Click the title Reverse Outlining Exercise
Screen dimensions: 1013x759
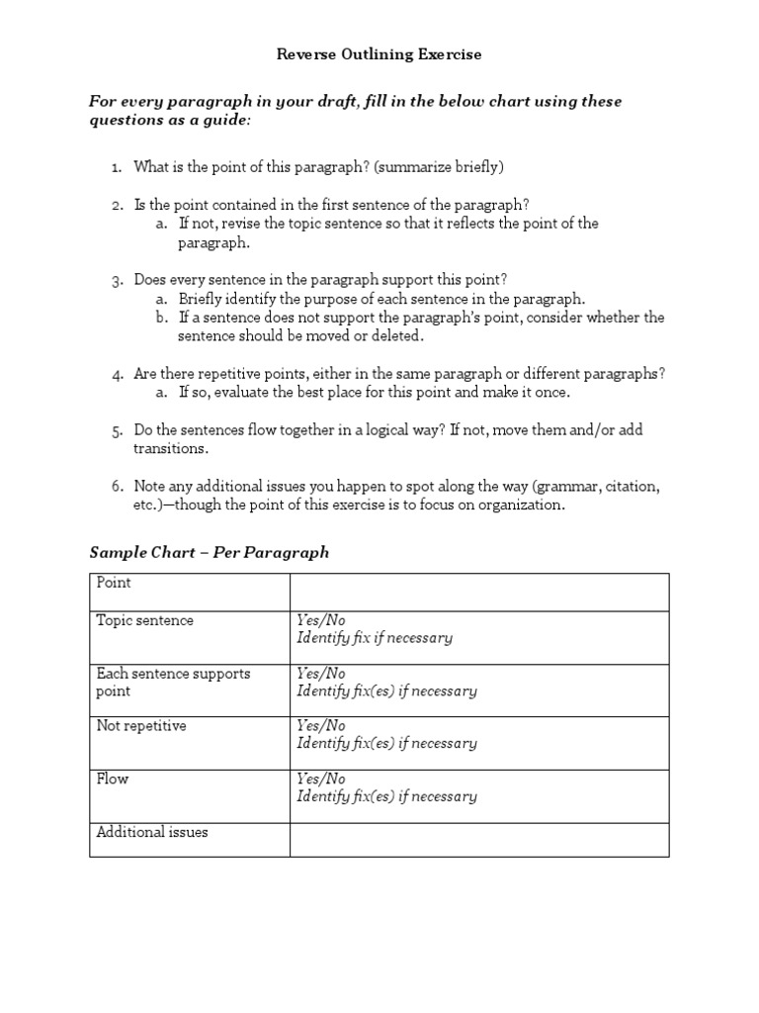coord(379,54)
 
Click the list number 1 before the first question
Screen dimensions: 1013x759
coord(117,167)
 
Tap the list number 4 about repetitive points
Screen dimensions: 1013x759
coord(117,374)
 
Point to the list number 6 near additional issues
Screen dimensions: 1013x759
coord(117,487)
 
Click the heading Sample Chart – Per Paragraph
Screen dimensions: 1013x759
coord(209,552)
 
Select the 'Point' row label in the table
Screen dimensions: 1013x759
coord(114,583)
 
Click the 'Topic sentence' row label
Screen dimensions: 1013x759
coord(144,620)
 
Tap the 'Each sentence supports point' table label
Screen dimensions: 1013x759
coord(173,683)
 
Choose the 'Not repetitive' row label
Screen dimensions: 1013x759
coord(141,726)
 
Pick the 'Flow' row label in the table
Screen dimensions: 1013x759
coord(113,779)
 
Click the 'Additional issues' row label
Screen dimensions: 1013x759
coord(152,832)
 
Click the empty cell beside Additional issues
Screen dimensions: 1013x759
coord(478,839)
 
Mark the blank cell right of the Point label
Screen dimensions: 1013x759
coord(478,592)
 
